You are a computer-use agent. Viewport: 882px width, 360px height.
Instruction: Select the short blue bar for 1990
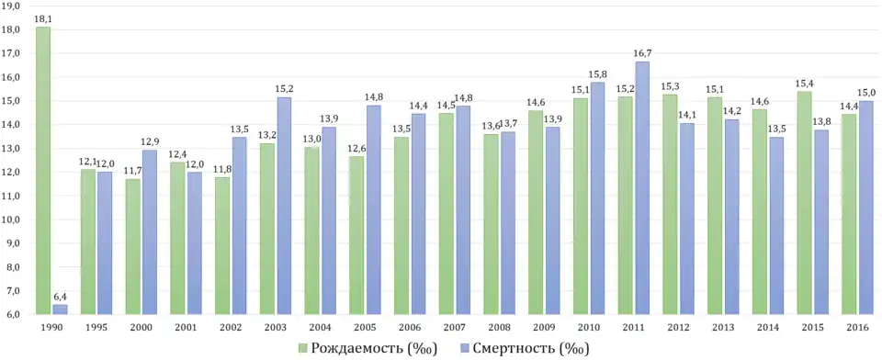[x=60, y=309]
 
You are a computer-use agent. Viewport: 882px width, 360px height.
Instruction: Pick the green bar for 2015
[x=804, y=202]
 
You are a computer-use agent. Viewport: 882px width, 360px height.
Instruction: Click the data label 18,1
[x=43, y=18]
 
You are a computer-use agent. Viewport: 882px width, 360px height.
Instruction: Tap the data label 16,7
[x=641, y=53]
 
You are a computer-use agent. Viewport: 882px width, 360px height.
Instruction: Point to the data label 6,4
[x=60, y=297]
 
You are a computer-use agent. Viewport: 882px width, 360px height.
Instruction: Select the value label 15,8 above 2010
[x=596, y=74]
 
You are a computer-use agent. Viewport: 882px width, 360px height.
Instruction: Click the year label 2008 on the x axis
[x=499, y=327]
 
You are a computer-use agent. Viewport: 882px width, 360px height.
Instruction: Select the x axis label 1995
[x=96, y=327]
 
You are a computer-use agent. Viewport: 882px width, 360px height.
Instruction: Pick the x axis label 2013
[x=723, y=327]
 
